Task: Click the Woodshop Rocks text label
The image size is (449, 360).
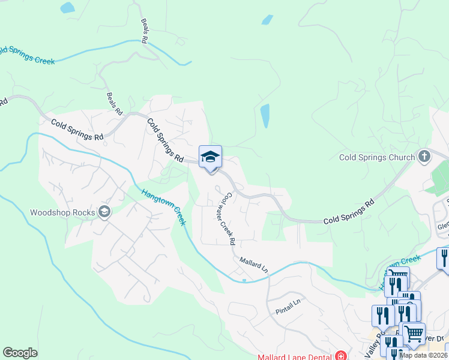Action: pyautogui.click(x=64, y=212)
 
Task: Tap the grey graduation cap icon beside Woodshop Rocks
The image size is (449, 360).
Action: pyautogui.click(x=105, y=212)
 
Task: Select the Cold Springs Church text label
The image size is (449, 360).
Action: pyautogui.click(x=377, y=158)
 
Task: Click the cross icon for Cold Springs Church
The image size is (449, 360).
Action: pyautogui.click(x=424, y=157)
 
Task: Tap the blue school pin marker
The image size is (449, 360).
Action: pyautogui.click(x=210, y=158)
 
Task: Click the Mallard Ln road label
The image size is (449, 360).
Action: pyautogui.click(x=253, y=265)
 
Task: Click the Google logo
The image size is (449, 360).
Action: pyautogui.click(x=20, y=353)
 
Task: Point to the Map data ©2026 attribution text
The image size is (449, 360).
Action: pyautogui.click(x=424, y=355)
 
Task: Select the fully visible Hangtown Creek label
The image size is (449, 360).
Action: pyautogui.click(x=163, y=208)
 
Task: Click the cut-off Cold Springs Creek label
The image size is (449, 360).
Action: pyautogui.click(x=27, y=55)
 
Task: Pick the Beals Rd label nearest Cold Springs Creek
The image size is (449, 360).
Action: pyautogui.click(x=145, y=31)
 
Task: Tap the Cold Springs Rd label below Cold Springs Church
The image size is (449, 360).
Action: pyautogui.click(x=348, y=212)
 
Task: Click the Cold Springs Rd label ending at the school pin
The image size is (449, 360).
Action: pyautogui.click(x=165, y=140)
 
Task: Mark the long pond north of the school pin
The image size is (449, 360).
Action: pyautogui.click(x=265, y=116)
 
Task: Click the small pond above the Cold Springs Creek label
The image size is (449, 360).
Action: pyautogui.click(x=67, y=8)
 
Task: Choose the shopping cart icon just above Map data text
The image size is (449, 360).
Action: pyautogui.click(x=413, y=333)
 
